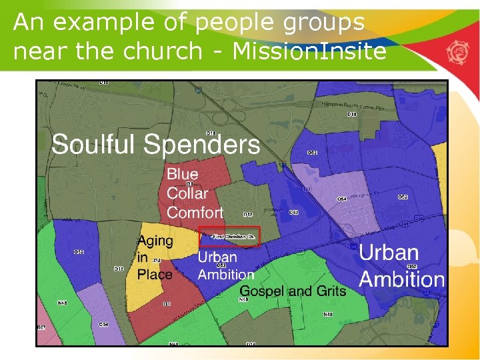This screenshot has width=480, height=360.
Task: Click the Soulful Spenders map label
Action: pos(156,145)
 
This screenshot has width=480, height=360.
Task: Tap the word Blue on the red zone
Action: pos(182,175)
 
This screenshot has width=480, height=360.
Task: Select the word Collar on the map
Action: pos(187,193)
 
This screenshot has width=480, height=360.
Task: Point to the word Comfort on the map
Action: pos(195,213)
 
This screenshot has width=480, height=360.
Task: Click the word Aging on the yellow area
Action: pos(155,241)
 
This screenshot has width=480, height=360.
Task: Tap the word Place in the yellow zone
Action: pos(155,274)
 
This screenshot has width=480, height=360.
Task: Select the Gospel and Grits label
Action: pos(293,291)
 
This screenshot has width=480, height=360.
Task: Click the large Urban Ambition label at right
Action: pos(401,266)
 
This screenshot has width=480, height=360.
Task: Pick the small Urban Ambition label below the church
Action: pos(225,265)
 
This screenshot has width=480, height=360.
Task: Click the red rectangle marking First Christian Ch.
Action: pos(229,236)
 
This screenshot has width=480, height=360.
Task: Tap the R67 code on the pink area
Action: pos(41,328)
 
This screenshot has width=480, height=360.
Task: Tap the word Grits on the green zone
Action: pos(331,291)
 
